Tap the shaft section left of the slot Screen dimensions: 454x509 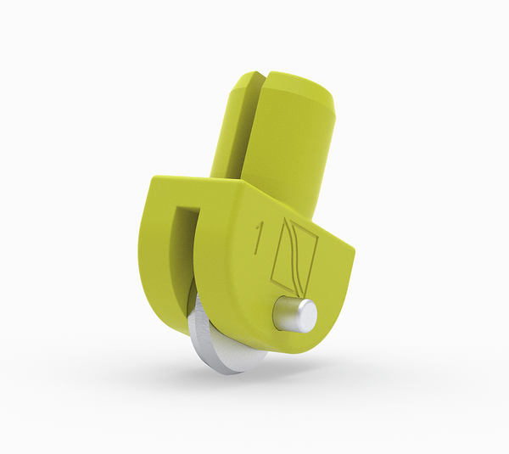click(238, 127)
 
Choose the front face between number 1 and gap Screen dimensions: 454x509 click(225, 255)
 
